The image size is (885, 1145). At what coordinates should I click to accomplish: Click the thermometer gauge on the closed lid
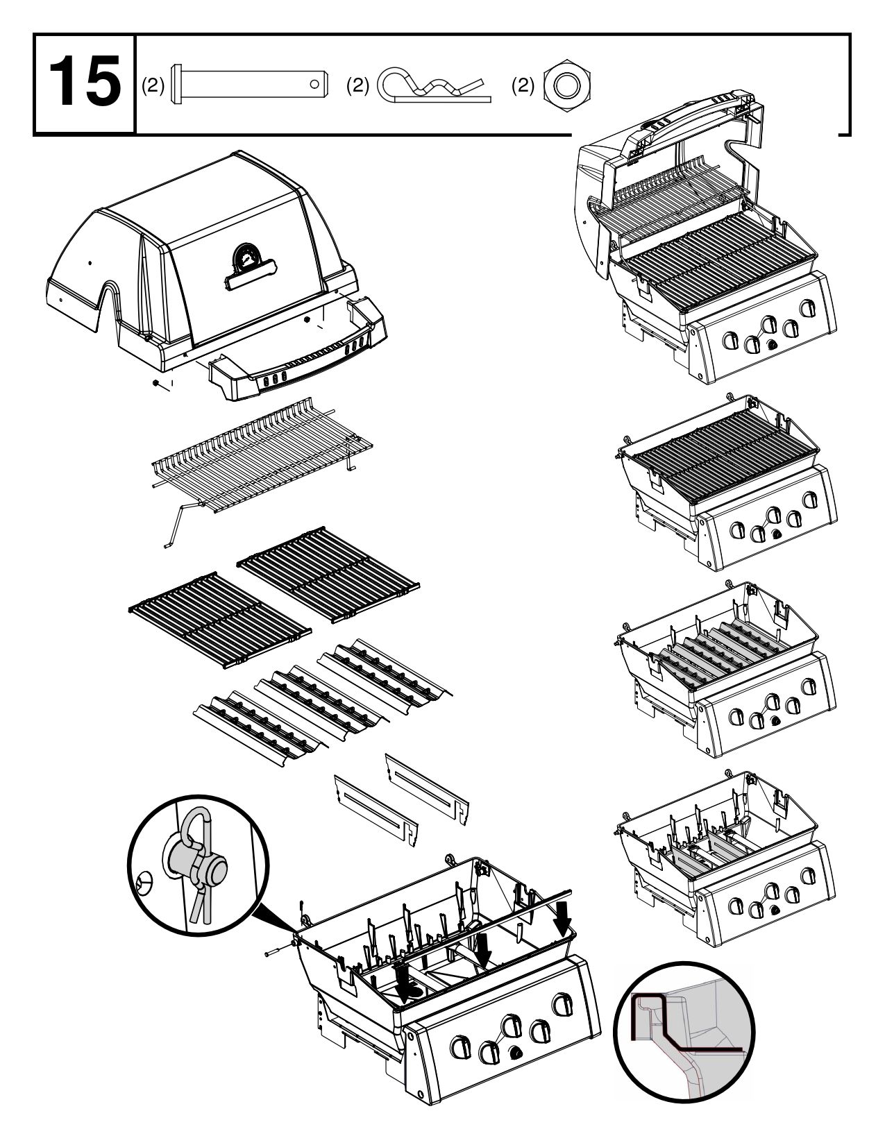click(x=245, y=257)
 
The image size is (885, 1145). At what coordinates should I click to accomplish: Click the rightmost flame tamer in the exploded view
click(x=385, y=672)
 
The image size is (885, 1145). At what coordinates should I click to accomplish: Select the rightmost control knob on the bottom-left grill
click(x=561, y=1005)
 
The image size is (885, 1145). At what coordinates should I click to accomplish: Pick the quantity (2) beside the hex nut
click(x=523, y=85)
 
